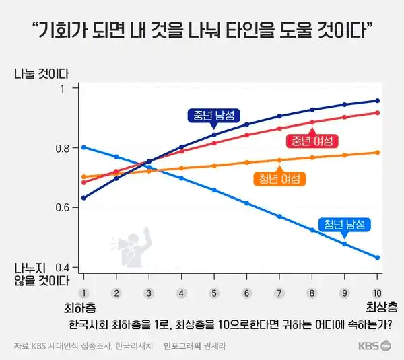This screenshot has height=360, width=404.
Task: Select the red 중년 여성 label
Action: [x=312, y=141]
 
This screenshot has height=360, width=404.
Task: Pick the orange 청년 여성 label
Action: [x=279, y=179]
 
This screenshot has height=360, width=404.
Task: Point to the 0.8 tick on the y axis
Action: [x=65, y=148]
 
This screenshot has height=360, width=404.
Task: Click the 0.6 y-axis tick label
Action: [x=65, y=207]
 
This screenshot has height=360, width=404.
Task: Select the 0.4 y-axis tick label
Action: [x=65, y=266]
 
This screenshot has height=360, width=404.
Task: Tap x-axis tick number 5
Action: [x=213, y=293]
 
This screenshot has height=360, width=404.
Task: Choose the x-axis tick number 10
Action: [x=377, y=293]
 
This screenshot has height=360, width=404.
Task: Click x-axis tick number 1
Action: [x=83, y=293]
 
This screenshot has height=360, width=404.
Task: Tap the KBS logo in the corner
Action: [x=374, y=347]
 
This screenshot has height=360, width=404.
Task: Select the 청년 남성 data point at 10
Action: [x=377, y=258]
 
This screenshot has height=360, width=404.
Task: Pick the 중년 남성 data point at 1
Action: [x=83, y=198]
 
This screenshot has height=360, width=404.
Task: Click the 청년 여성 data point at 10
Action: [x=377, y=152]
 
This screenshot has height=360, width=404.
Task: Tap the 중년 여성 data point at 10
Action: [x=377, y=112]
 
